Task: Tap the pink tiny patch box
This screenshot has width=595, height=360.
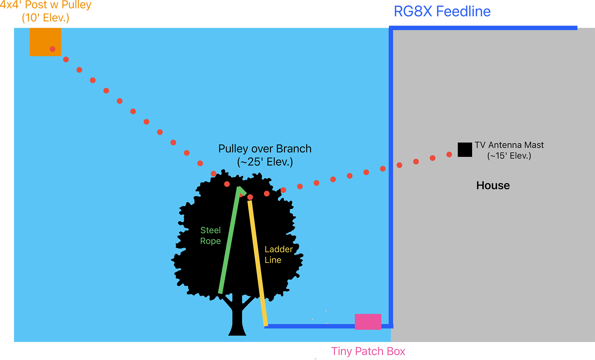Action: click(368, 322)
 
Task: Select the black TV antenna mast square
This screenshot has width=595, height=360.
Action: click(465, 150)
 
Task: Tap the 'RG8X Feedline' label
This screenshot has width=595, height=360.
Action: click(442, 12)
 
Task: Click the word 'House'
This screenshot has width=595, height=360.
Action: click(493, 185)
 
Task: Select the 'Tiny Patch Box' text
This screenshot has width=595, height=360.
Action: click(368, 351)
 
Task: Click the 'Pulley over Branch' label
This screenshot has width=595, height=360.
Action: click(265, 149)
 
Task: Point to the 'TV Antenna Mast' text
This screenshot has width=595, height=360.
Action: click(509, 145)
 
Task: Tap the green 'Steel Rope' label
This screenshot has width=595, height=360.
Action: click(210, 236)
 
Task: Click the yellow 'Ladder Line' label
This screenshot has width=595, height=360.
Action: click(278, 255)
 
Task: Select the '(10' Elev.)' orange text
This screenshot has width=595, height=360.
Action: click(46, 18)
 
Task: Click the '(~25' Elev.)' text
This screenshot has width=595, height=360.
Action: click(265, 162)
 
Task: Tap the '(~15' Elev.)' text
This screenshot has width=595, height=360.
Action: click(509, 156)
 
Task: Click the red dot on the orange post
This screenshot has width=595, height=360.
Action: click(53, 49)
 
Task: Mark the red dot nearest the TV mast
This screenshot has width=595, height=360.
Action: click(449, 155)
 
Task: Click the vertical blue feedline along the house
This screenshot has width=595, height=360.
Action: click(391, 174)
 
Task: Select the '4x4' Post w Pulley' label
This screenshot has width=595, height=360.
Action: click(46, 5)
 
